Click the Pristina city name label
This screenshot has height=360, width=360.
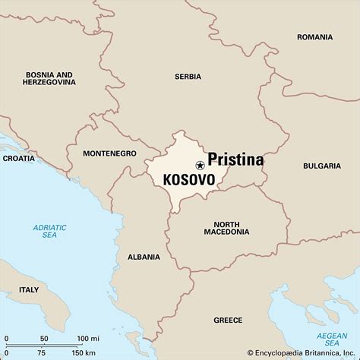point(235,160)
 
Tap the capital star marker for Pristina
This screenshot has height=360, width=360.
point(200,164)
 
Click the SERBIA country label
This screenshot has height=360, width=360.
point(188,77)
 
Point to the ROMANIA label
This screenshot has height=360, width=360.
point(315,37)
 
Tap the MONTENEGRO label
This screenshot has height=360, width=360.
point(110,153)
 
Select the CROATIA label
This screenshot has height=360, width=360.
point(18,159)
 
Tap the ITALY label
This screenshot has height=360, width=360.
point(29,289)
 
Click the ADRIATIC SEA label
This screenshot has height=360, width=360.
point(49,232)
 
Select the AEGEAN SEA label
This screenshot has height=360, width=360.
point(331,338)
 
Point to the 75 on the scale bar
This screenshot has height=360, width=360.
point(42,353)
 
